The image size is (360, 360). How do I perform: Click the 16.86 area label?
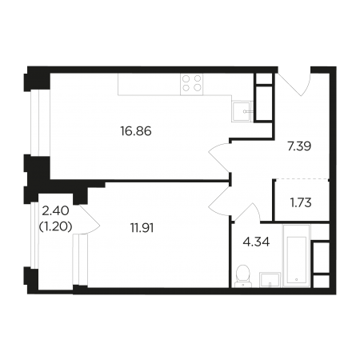(136, 131)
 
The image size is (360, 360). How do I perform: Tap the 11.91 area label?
(142, 228)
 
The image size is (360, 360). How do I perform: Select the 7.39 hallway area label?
(299, 146)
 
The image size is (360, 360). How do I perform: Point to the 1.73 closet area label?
(301, 203)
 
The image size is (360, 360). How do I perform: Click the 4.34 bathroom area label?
(256, 242)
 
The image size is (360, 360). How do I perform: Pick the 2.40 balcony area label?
(56, 211)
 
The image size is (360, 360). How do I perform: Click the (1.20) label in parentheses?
(56, 227)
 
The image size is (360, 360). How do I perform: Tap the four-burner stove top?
(192, 84)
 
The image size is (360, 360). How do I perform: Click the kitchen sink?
(241, 111)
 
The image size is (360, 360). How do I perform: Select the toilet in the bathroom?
(242, 276)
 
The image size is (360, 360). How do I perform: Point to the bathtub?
(297, 256)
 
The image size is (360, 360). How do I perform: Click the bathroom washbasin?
(270, 280)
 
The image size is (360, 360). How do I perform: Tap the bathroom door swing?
(248, 211)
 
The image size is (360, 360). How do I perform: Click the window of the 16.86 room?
(35, 122)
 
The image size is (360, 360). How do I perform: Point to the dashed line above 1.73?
(302, 179)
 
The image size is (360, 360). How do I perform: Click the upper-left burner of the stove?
(186, 78)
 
